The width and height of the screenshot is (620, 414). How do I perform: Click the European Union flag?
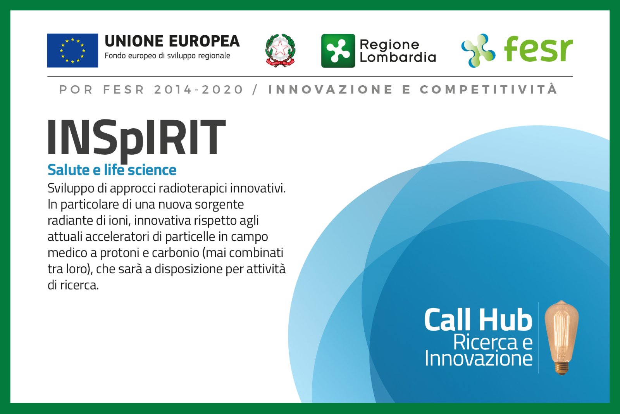(x=72, y=50)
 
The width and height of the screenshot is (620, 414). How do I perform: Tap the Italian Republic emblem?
(x=281, y=50)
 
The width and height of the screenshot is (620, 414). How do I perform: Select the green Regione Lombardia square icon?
(x=338, y=51)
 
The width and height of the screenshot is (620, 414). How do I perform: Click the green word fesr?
(x=538, y=49)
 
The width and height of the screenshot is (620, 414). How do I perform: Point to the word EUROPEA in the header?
(x=204, y=41)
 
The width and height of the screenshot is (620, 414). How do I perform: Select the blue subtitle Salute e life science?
(x=112, y=170)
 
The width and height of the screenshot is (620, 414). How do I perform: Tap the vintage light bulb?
(x=561, y=337)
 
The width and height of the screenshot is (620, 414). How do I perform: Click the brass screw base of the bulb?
(x=561, y=368)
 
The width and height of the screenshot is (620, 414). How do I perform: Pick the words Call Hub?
(x=478, y=319)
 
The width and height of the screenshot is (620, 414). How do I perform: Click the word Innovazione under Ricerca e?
(x=479, y=358)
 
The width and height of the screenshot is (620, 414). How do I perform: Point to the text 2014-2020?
(x=198, y=90)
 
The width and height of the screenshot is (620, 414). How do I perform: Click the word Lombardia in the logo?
(x=398, y=57)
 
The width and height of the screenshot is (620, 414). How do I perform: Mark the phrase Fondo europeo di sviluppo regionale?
(x=167, y=56)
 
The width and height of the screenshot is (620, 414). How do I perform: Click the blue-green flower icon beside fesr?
(x=478, y=51)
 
